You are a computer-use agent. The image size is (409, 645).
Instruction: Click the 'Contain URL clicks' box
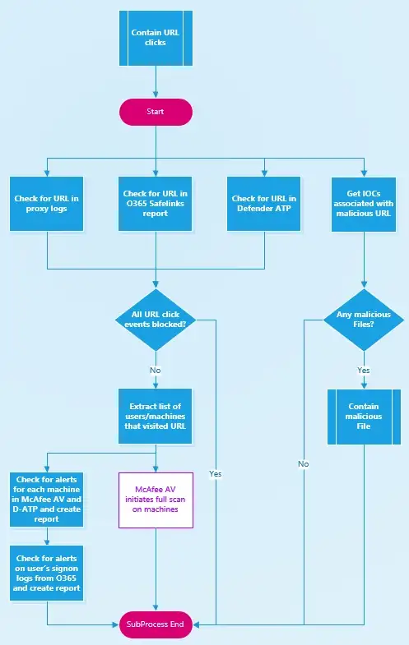(156, 38)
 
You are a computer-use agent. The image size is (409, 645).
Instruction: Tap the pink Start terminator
(156, 112)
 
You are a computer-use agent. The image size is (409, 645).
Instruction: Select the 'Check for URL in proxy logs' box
(47, 204)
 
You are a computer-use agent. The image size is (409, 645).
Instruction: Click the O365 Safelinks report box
(155, 204)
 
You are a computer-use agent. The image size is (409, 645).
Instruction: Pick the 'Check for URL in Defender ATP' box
(263, 204)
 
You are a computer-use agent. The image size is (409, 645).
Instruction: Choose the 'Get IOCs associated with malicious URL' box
(364, 204)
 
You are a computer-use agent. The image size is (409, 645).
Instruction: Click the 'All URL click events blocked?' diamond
(156, 320)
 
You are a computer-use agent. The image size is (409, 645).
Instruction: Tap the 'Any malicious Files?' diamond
(364, 320)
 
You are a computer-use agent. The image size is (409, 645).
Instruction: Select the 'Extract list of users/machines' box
(155, 417)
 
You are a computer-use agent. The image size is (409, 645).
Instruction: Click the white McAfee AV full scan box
(156, 500)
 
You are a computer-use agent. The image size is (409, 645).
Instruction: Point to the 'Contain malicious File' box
(364, 417)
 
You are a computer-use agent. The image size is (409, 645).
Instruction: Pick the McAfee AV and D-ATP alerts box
(47, 500)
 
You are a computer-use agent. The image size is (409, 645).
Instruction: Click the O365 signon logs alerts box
(47, 573)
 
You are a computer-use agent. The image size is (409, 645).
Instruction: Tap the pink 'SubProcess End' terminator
(156, 624)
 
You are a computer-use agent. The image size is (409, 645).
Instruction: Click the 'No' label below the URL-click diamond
(156, 371)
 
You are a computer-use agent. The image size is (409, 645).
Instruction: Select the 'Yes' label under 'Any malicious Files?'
(364, 371)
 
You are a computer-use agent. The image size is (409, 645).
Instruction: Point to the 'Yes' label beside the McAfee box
(216, 474)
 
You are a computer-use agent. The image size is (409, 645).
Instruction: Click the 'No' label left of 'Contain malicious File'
(304, 464)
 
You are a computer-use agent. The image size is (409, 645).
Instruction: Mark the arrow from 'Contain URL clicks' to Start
(156, 82)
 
